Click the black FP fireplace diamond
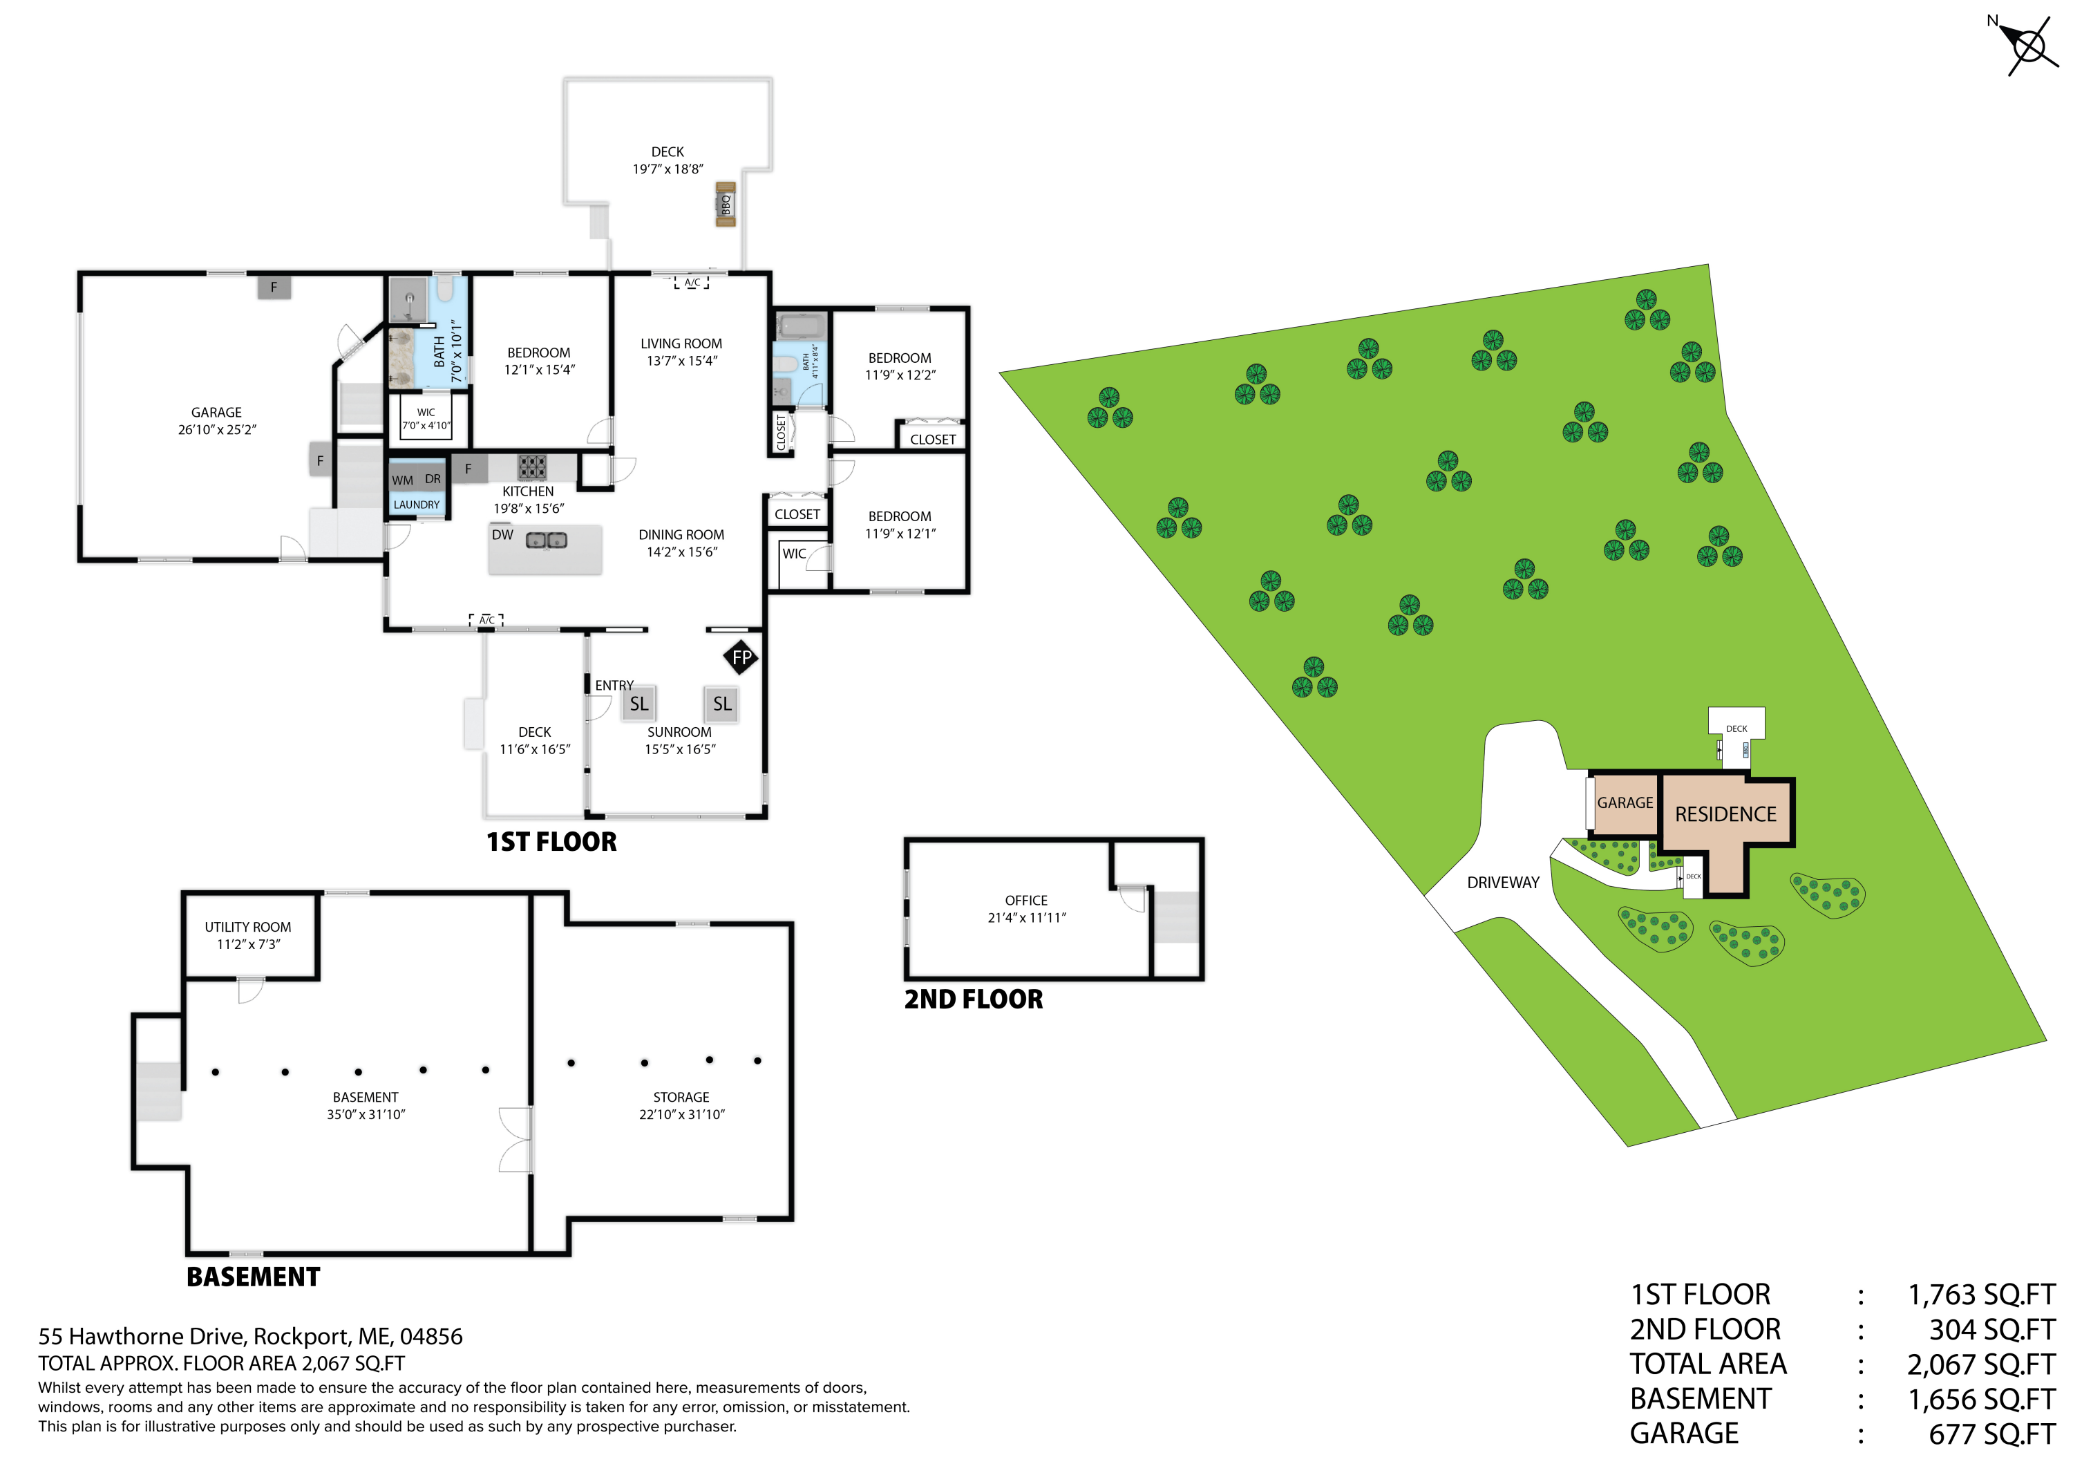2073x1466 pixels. point(741,657)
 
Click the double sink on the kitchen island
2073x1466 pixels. point(547,540)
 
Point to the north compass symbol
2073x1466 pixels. point(2028,44)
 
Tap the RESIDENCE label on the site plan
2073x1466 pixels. point(1725,814)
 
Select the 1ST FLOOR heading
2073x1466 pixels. point(551,842)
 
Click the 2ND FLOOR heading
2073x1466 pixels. point(974,999)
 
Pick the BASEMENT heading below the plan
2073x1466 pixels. point(253,1277)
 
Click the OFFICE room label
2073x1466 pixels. point(1027,901)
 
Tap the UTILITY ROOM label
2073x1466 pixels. point(247,927)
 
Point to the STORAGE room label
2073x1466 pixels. point(681,1097)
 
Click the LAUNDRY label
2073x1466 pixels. point(416,505)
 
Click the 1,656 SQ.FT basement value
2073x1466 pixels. point(1981,1399)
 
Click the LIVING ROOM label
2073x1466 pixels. point(681,344)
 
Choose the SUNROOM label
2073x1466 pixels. point(679,732)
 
